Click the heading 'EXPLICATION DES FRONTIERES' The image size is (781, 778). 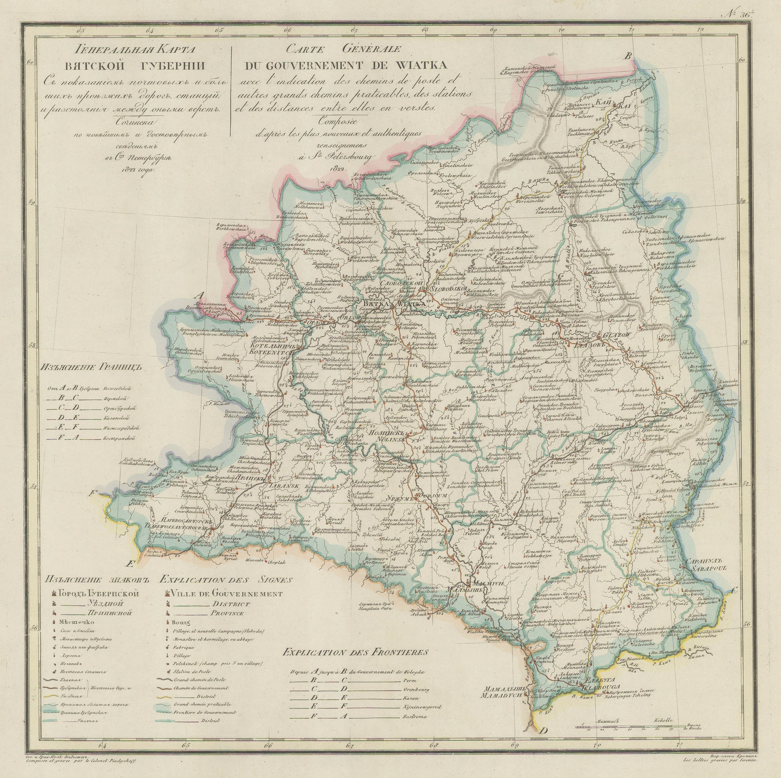[355, 652]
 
